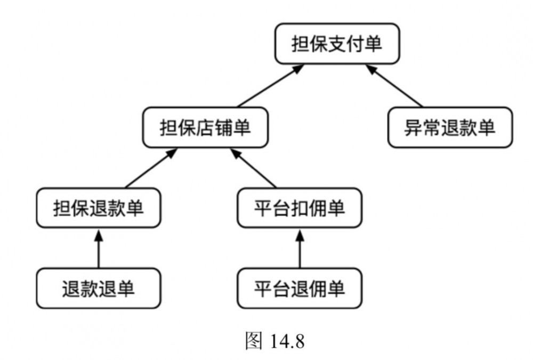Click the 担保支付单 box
click(x=337, y=44)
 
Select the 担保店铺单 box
click(x=205, y=128)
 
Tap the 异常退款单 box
click(x=450, y=128)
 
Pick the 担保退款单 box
click(x=99, y=208)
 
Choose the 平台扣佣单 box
click(x=299, y=208)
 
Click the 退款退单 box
click(x=99, y=289)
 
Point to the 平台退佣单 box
click(x=299, y=289)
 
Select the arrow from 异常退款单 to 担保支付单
click(x=394, y=86)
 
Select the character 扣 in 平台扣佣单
click(x=299, y=208)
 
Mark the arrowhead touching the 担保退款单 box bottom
click(x=99, y=233)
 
